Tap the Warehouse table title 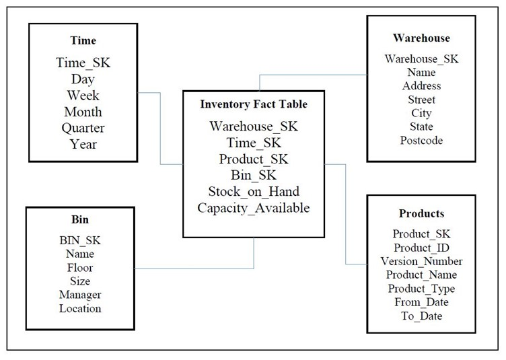click(421, 38)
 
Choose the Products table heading click(421, 213)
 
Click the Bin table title click(79, 220)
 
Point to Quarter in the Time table click(83, 128)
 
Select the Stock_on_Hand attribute click(253, 192)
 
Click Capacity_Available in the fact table click(253, 208)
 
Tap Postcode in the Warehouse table click(421, 140)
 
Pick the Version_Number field click(421, 261)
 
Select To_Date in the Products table click(421, 316)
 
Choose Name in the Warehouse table click(421, 72)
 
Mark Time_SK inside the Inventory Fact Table click(253, 143)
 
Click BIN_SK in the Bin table click(79, 240)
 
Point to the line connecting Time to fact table click(161, 128)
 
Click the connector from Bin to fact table click(195, 269)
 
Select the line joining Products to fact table click(345, 215)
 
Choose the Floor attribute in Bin click(79, 268)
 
